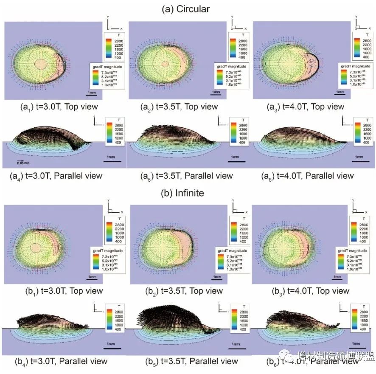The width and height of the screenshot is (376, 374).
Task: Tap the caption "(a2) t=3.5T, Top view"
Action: [x=184, y=107]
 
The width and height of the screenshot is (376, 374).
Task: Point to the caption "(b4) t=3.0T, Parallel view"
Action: [x=62, y=361]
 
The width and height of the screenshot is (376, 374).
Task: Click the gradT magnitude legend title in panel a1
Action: [x=104, y=67]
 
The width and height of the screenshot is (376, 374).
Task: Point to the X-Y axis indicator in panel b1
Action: [x=114, y=208]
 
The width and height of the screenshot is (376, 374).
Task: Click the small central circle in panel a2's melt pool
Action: [x=165, y=64]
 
